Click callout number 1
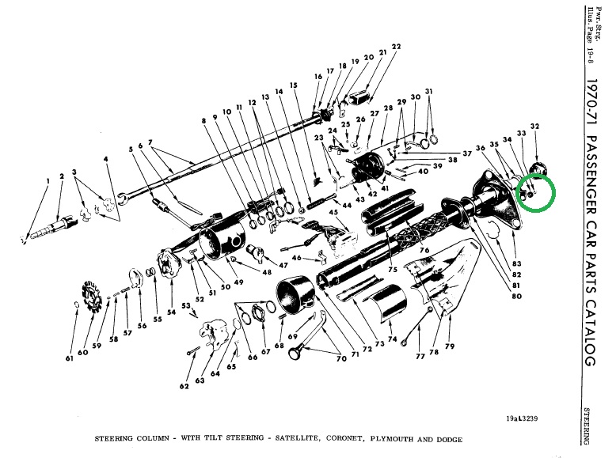(x=48, y=182)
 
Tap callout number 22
(x=396, y=47)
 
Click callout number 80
(x=516, y=297)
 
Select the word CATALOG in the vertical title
(x=589, y=324)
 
